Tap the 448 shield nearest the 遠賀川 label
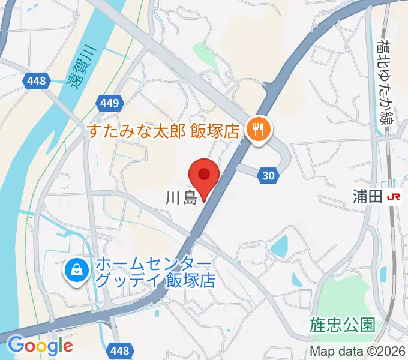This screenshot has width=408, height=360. pyautogui.click(x=37, y=81)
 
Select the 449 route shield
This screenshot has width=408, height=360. pyautogui.click(x=110, y=103)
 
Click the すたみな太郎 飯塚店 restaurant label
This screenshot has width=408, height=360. pyautogui.click(x=164, y=130)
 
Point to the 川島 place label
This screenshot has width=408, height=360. pyautogui.click(x=181, y=198)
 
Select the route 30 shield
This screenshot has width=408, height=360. pyautogui.click(x=269, y=175)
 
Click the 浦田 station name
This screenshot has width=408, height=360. pyautogui.click(x=367, y=197)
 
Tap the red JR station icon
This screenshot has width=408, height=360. pyautogui.click(x=394, y=197)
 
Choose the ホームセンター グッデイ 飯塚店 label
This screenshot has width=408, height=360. pyautogui.click(x=155, y=272)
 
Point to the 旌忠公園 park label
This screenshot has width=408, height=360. pyautogui.click(x=343, y=325)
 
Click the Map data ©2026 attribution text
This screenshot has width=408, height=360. pyautogui.click(x=358, y=351)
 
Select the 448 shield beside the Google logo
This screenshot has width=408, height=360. pyautogui.click(x=120, y=350)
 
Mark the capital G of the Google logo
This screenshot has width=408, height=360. pyautogui.click(x=16, y=345)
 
